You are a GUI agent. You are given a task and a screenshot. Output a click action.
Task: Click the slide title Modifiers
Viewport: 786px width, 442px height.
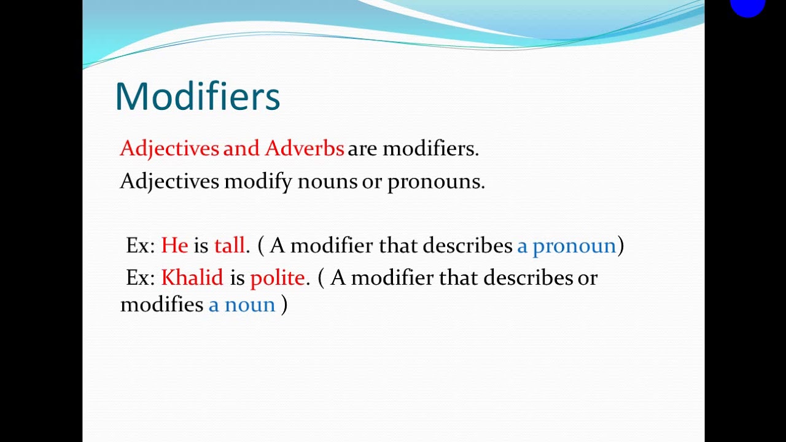[197, 96]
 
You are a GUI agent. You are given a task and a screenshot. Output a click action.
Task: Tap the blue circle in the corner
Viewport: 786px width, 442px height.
[747, 6]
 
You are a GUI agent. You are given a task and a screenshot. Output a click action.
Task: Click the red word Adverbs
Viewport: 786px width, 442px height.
[304, 149]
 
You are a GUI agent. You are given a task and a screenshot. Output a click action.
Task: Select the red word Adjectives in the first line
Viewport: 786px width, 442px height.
[169, 149]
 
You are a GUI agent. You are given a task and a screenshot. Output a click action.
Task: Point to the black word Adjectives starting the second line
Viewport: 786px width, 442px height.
[169, 182]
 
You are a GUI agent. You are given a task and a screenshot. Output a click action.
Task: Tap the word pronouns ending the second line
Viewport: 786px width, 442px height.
[435, 182]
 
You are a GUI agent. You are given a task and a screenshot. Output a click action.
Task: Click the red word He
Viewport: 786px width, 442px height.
[174, 246]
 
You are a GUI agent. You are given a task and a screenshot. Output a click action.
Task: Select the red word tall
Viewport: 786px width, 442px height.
[229, 246]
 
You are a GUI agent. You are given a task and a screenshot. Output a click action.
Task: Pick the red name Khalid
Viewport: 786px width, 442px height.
[192, 278]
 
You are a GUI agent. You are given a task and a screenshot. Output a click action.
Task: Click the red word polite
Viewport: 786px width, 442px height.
[277, 279]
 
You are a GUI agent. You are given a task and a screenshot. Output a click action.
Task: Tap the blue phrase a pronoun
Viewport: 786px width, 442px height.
[566, 246]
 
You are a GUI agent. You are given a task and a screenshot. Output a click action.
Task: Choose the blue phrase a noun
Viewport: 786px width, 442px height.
[241, 304]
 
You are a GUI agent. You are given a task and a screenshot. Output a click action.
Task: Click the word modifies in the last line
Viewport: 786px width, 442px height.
[161, 304]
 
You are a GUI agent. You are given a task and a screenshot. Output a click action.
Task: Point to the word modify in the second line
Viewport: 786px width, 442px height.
[258, 182]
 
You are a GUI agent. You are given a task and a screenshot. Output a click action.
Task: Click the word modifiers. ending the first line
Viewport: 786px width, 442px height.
[430, 149]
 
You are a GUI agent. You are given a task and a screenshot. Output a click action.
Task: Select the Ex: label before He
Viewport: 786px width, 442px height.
[141, 246]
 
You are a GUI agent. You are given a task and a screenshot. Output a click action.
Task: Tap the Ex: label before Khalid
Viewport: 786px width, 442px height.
[141, 278]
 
